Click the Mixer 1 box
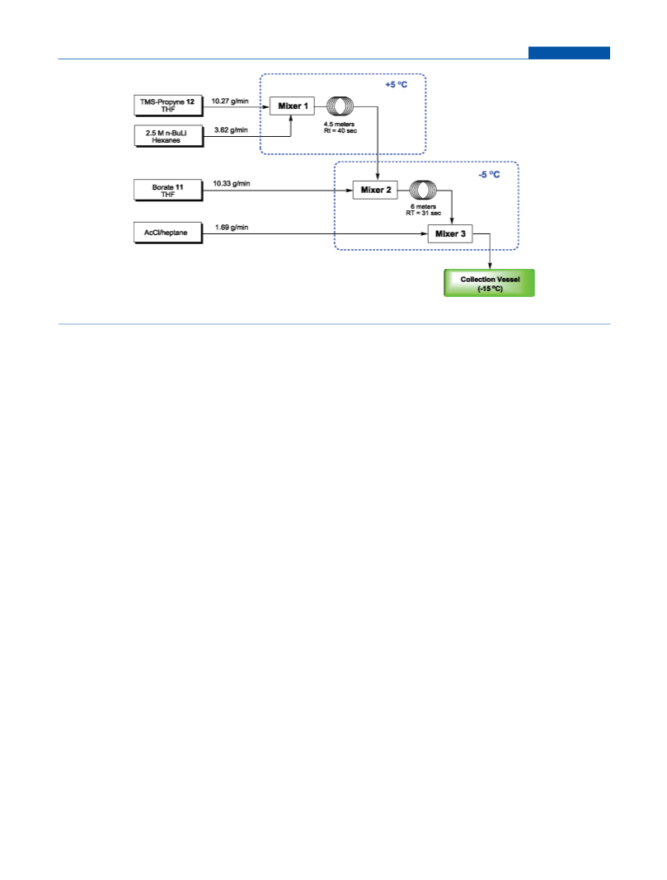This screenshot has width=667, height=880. [x=292, y=106]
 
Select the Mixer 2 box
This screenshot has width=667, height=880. [x=375, y=190]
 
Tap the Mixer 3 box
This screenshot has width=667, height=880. [x=450, y=233]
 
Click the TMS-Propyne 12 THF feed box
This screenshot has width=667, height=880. [x=167, y=106]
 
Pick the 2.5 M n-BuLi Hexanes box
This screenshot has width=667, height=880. [x=168, y=136]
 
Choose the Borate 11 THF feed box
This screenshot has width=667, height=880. [x=167, y=191]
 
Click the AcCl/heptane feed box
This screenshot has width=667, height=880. [x=167, y=233]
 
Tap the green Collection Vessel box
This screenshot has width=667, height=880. [x=489, y=283]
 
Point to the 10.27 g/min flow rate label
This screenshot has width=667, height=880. [x=230, y=101]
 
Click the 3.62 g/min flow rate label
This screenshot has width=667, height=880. [x=231, y=130]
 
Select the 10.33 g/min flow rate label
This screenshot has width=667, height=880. [x=232, y=184]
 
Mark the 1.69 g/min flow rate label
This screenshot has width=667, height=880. [x=232, y=228]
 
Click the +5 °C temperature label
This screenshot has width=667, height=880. [x=396, y=85]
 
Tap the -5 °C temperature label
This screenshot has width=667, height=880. [x=489, y=175]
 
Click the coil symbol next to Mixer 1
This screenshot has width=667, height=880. [x=340, y=106]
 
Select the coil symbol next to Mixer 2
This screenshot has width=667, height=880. [x=423, y=191]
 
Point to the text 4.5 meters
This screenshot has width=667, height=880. [x=339, y=124]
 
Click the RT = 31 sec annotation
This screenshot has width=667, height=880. [x=424, y=214]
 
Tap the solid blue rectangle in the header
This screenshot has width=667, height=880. [x=569, y=53]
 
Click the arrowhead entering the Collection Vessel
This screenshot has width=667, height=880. [x=490, y=266]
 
